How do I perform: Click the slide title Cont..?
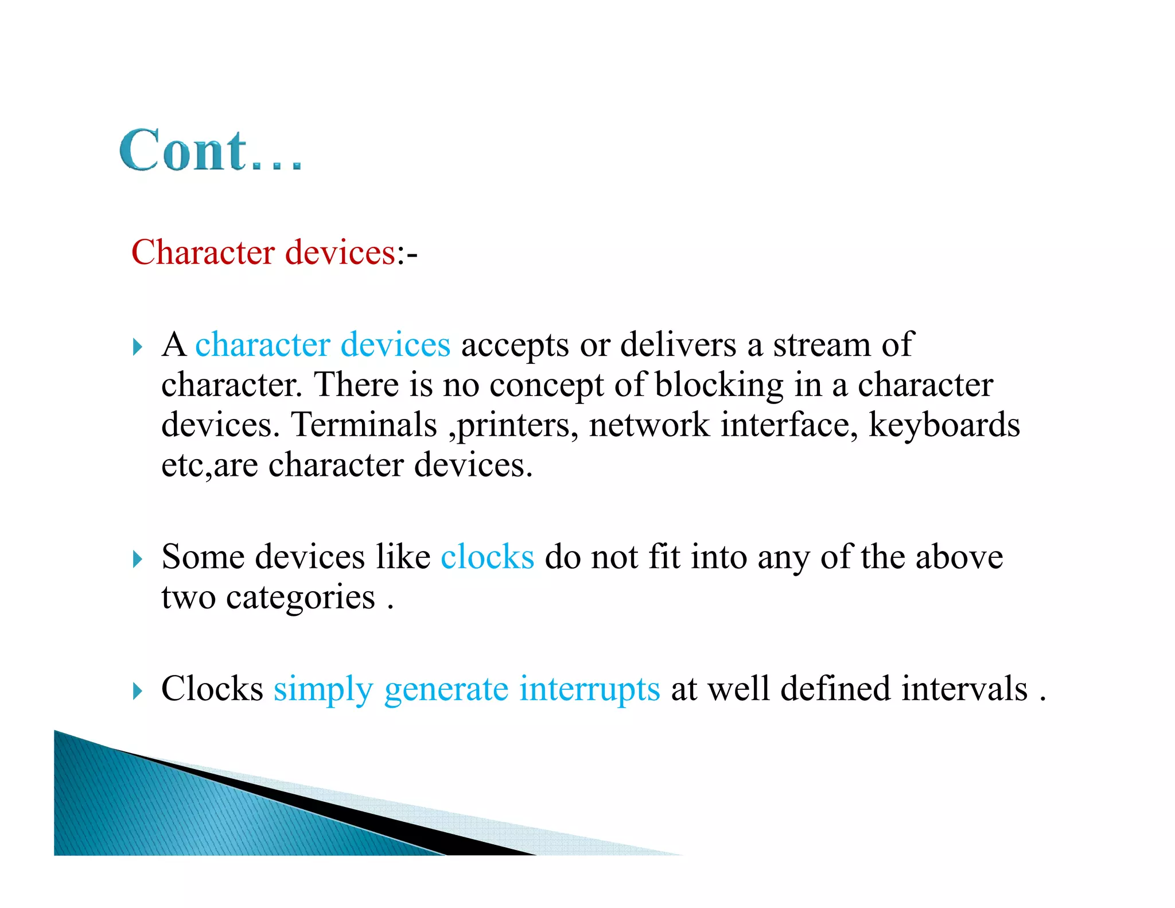pos(210,150)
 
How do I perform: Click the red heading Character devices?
pos(263,253)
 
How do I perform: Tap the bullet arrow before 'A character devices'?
pos(137,347)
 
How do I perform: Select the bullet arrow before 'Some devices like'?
pos(137,558)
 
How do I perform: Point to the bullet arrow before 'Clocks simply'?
pos(137,690)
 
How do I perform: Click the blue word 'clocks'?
pos(487,557)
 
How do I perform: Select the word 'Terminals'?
pos(364,425)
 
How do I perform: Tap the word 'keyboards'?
pos(944,425)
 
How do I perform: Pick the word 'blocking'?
pos(719,385)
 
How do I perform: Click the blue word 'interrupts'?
pos(589,689)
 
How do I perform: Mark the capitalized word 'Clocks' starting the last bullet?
pos(212,689)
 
